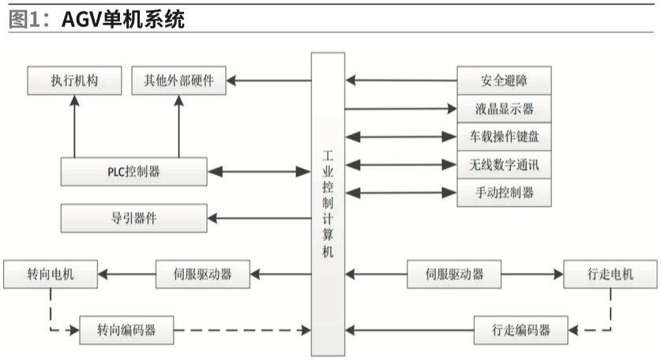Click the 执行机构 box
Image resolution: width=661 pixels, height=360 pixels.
(74, 80)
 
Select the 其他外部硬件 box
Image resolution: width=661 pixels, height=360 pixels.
(178, 80)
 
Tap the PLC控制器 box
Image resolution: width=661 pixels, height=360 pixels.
(133, 171)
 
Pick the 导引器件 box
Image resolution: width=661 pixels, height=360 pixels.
(133, 218)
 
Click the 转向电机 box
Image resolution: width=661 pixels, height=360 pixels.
(51, 274)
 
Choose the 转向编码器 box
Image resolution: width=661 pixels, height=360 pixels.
(126, 328)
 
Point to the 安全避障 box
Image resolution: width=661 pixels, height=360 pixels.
(504, 80)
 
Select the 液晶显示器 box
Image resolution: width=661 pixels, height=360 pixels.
(504, 108)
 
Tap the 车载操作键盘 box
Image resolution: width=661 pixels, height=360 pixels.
(504, 137)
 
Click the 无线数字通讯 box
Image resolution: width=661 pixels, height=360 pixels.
(504, 165)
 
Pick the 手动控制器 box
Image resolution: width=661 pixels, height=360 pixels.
(504, 193)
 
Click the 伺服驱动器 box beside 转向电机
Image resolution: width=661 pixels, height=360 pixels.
(203, 274)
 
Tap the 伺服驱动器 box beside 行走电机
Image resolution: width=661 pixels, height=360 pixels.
(445, 274)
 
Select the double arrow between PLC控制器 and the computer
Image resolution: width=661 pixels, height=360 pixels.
(257, 171)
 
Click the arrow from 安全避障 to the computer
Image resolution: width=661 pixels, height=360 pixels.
(401, 80)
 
